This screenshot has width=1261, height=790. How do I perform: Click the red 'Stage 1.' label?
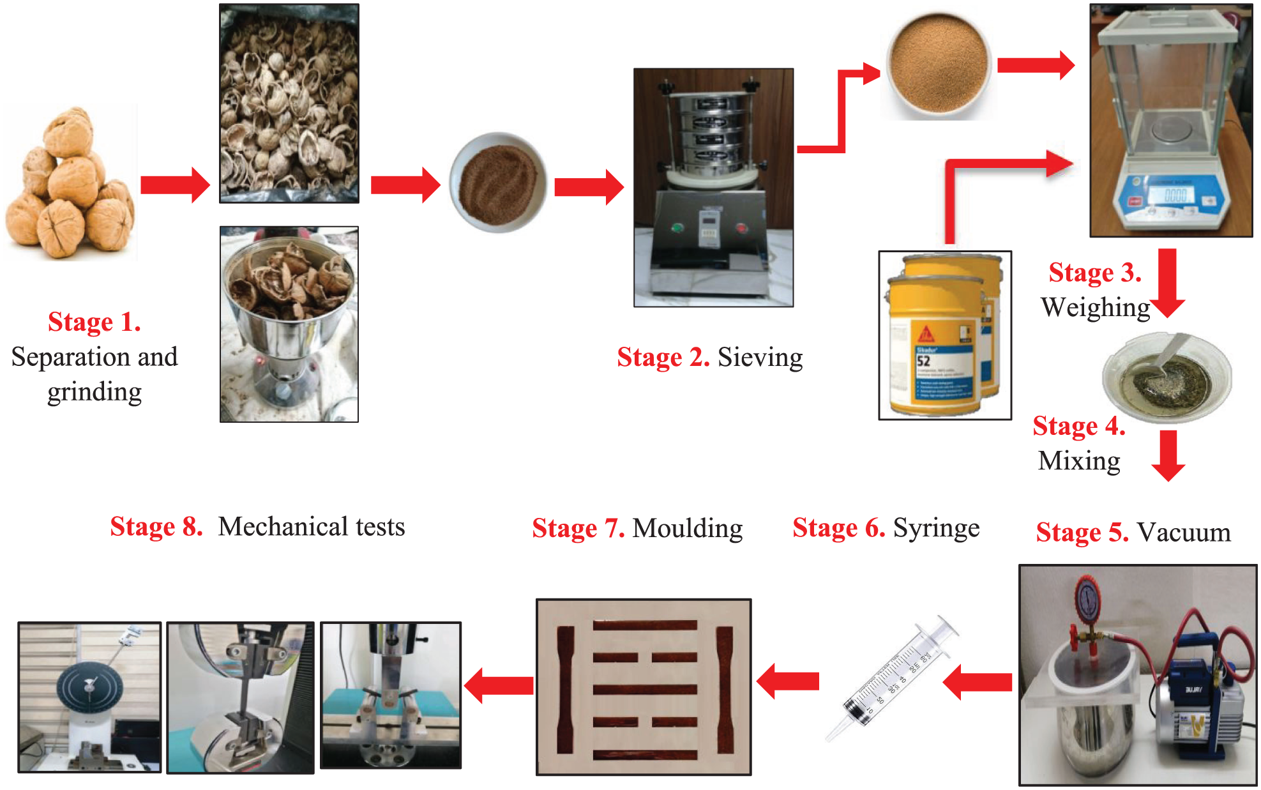tap(94, 322)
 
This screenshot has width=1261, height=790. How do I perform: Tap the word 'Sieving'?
tap(760, 358)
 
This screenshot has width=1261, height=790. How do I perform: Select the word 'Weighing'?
tap(1095, 307)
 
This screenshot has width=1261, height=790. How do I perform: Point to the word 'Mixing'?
tap(1079, 460)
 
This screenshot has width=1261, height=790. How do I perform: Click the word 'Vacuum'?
tap(1184, 532)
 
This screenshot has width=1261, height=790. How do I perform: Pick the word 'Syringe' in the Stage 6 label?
tap(936, 528)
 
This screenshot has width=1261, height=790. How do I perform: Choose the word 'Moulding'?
tap(687, 528)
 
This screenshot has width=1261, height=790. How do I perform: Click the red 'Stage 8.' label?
tap(156, 527)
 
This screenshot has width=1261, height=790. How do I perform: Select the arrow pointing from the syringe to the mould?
tap(788, 681)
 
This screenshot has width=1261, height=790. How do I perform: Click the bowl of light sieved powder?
tap(938, 64)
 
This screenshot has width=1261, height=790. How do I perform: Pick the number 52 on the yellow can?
tap(924, 360)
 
